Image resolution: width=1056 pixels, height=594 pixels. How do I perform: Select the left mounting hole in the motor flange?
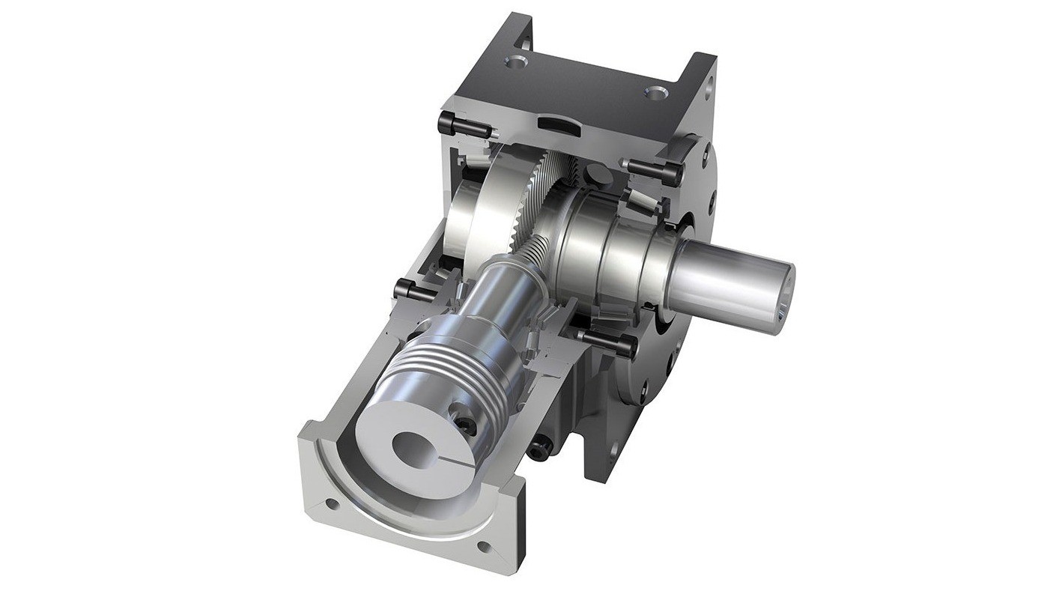[x=333, y=505]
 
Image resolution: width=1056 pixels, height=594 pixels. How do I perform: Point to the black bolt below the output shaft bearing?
[x=608, y=342]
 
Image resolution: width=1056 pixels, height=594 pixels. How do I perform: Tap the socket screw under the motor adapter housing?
[x=538, y=448]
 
